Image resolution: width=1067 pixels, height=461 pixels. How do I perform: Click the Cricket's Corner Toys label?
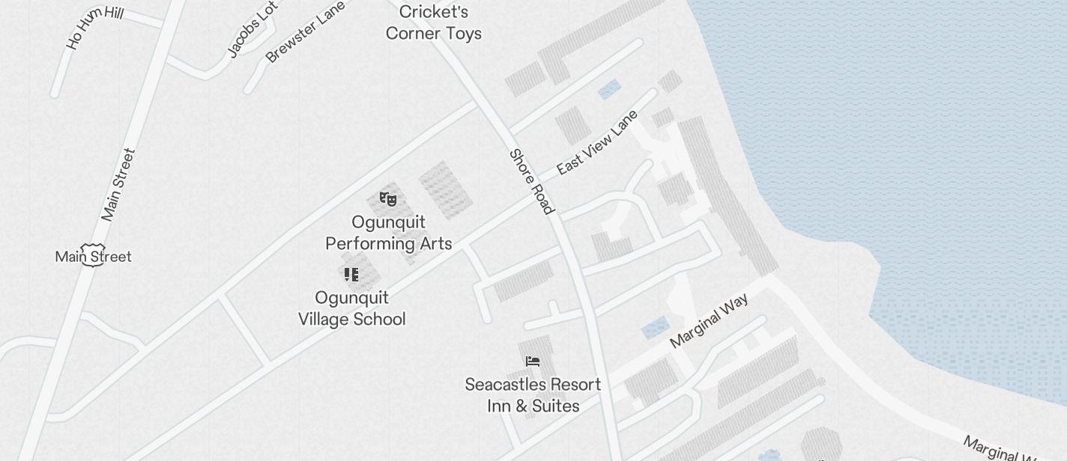(433, 22)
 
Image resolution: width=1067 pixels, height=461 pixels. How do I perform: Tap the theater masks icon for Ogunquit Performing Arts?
(387, 199)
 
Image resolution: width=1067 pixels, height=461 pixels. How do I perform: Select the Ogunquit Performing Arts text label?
(388, 233)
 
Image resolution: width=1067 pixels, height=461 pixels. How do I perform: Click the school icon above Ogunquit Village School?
(351, 275)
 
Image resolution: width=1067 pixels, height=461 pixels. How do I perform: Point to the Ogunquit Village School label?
(351, 308)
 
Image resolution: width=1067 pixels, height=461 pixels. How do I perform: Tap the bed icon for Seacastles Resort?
(533, 361)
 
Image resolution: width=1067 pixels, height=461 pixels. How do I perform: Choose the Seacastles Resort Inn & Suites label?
(533, 395)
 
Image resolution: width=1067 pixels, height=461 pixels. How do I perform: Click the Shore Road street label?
(531, 182)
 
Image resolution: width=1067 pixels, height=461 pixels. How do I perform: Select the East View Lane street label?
(597, 142)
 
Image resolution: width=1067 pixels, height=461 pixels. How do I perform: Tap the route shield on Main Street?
(92, 254)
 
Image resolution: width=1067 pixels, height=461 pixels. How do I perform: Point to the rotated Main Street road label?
(118, 185)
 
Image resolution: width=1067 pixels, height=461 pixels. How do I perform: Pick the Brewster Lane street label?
(305, 31)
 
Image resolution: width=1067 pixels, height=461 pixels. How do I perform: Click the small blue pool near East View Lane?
(609, 90)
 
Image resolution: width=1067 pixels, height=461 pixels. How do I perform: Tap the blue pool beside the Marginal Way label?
(655, 328)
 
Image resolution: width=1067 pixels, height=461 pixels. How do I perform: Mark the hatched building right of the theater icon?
(445, 190)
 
